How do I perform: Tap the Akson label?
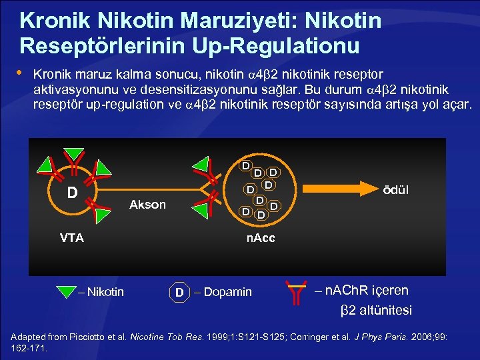click(x=147, y=205)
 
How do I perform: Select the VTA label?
click(x=72, y=238)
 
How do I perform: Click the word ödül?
click(x=395, y=190)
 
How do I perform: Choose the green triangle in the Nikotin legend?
click(x=67, y=291)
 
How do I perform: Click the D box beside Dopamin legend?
click(x=179, y=292)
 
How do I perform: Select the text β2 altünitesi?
click(x=376, y=310)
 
